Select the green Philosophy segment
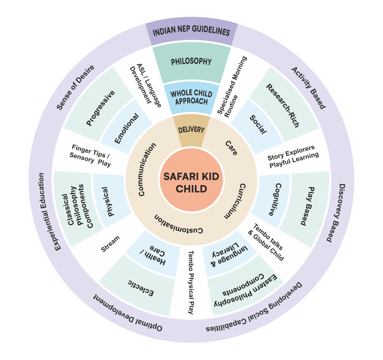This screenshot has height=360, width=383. tap(191, 63)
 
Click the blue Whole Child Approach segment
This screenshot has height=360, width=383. tap(191, 97)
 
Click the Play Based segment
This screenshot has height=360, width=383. tap(307, 207)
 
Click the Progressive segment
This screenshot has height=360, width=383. tap(100, 108)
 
